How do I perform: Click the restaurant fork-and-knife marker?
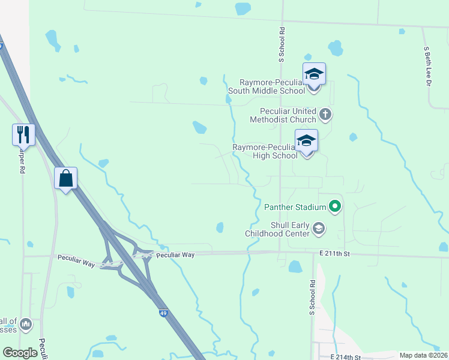(x=23, y=134)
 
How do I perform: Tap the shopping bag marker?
(x=65, y=178)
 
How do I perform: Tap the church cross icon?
(x=325, y=114)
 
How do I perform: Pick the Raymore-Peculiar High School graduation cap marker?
(x=306, y=142)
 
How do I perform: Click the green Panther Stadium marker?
(x=335, y=208)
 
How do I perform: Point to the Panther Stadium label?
(x=295, y=208)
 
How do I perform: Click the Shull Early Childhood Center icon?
(x=318, y=228)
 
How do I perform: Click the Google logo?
(x=20, y=353)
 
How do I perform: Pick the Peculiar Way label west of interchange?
(x=76, y=257)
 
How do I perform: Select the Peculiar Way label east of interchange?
(x=175, y=255)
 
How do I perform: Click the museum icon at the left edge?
(x=25, y=325)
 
